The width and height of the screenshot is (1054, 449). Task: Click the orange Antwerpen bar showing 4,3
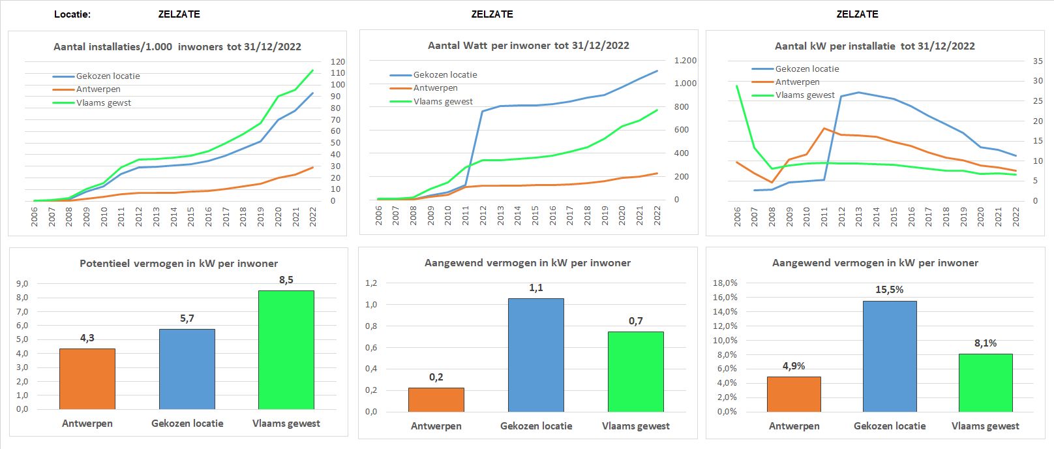[87, 379]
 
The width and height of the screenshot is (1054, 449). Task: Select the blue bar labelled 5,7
[187, 369]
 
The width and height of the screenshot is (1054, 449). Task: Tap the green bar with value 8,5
[286, 350]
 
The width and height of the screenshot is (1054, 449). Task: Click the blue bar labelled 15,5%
[890, 356]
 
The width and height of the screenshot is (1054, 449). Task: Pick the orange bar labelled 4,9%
[794, 394]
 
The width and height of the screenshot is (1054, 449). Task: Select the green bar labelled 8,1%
[986, 382]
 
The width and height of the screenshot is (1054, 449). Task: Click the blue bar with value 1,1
[536, 355]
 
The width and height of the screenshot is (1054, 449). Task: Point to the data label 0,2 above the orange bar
[436, 377]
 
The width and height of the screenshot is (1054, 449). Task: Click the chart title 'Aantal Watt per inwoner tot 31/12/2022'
[528, 46]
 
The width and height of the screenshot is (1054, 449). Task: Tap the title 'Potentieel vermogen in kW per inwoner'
[179, 263]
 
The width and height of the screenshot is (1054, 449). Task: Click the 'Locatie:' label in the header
[72, 14]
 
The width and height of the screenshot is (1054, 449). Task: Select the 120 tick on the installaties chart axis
[338, 61]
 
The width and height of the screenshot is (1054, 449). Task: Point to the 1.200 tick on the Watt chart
[685, 60]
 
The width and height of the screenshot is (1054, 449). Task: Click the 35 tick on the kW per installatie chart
[1038, 61]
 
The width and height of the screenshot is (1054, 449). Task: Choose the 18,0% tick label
[725, 283]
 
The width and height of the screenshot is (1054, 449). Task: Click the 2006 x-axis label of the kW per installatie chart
[737, 217]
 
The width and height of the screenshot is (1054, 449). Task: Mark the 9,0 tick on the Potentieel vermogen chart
[22, 283]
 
